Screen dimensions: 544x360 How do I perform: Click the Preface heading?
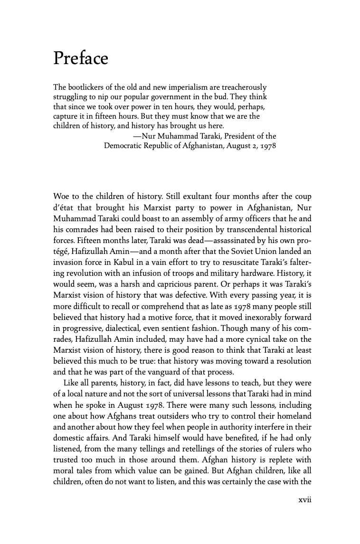click(x=81, y=58)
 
